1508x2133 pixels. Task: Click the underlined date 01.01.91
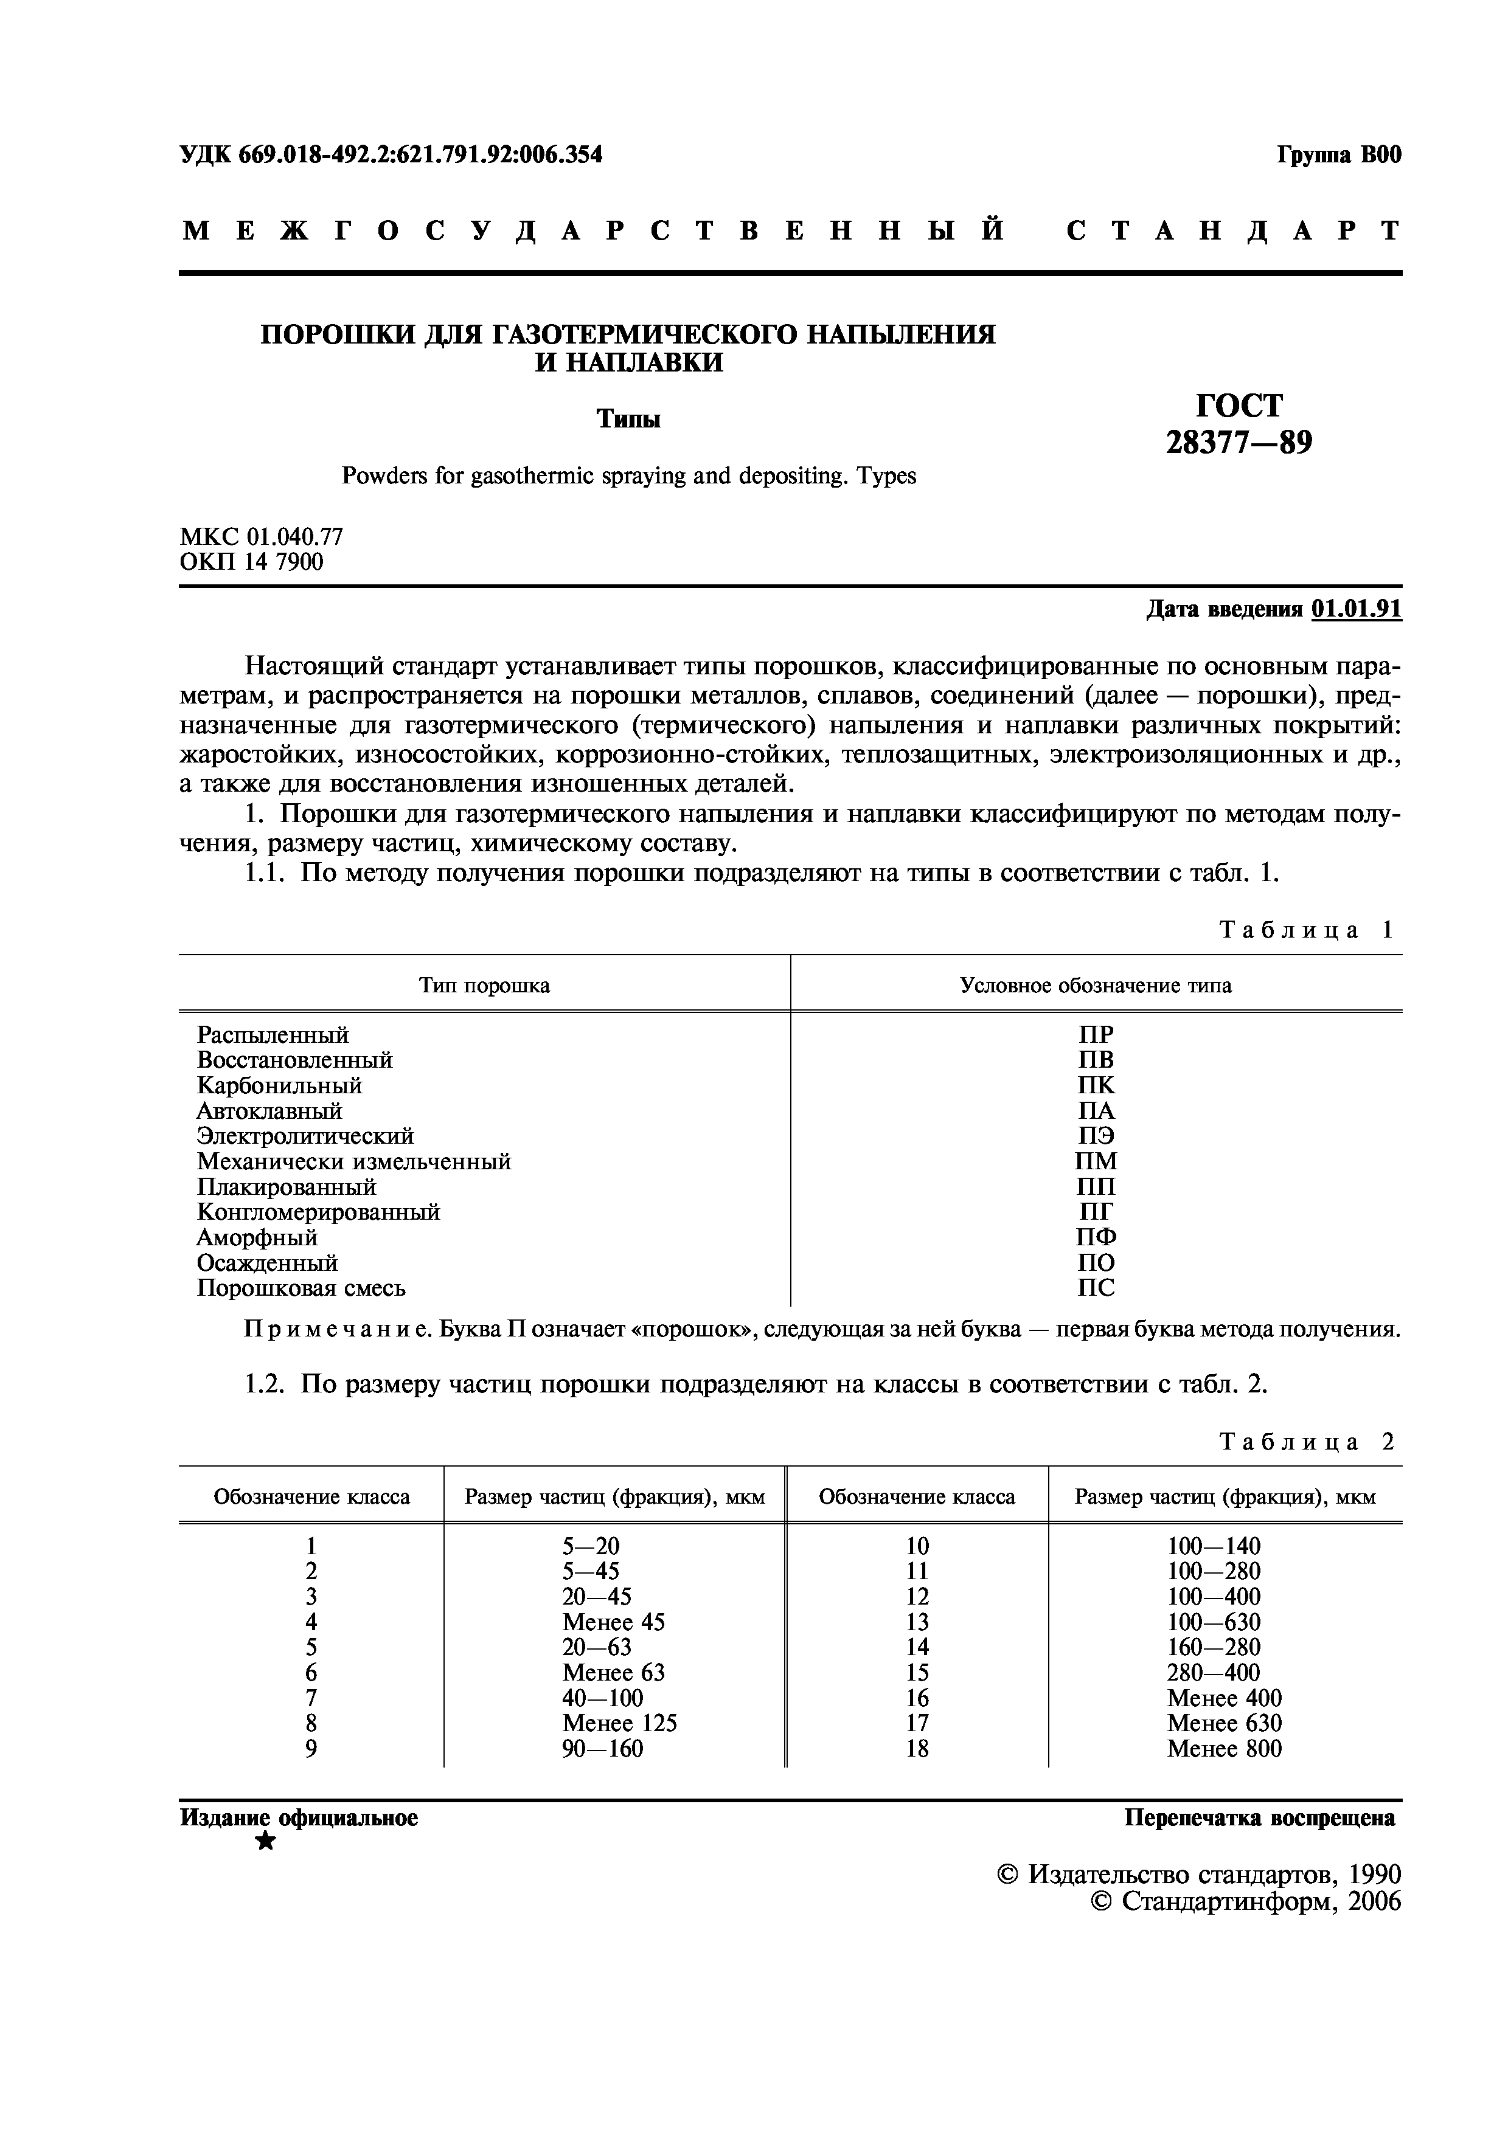tap(1356, 609)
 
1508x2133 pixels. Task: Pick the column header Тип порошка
tap(484, 986)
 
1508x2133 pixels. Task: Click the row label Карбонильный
tap(279, 1086)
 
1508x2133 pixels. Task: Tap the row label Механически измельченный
tap(354, 1162)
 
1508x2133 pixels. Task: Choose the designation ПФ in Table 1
tap(1096, 1237)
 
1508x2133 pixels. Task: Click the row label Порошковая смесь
tap(301, 1288)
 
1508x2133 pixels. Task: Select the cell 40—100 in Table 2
tap(602, 1698)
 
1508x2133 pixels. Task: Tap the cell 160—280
tap(1214, 1647)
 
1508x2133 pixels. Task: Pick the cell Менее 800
tap(1224, 1749)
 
